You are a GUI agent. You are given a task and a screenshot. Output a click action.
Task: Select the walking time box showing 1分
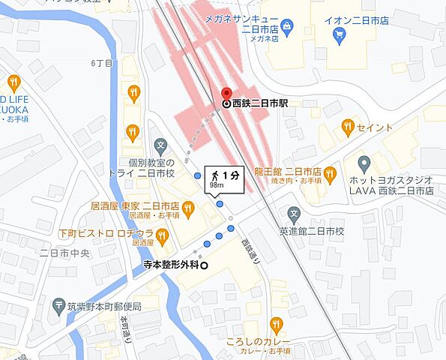click(x=224, y=178)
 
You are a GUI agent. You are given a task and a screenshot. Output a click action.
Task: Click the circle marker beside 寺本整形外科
click(x=204, y=265)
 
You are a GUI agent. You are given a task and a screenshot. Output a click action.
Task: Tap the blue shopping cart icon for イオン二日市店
click(x=340, y=34)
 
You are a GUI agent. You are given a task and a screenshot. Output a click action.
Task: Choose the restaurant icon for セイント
click(x=347, y=127)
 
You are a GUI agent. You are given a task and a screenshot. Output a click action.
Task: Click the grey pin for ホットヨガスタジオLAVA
click(x=364, y=163)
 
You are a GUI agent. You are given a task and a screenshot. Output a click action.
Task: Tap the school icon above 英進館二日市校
click(x=295, y=214)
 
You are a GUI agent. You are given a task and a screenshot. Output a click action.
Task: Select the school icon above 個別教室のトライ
click(x=160, y=145)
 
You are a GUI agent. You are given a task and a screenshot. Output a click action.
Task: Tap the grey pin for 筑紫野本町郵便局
click(x=59, y=306)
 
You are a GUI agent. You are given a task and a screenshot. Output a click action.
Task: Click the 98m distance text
click(x=217, y=184)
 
